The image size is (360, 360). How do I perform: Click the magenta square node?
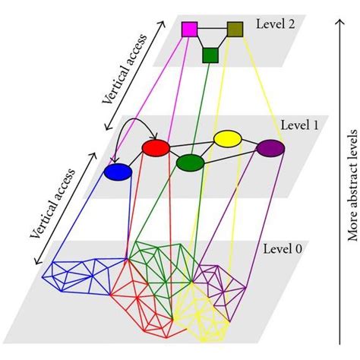click(x=189, y=29)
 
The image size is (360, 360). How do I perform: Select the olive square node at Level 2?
click(x=235, y=29)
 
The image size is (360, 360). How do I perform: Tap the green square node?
click(x=210, y=55)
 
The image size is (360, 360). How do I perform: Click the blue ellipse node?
click(x=118, y=172)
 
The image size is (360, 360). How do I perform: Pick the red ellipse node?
click(x=156, y=147)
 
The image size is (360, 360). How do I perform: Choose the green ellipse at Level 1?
click(x=190, y=163)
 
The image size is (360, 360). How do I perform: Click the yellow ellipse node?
click(x=227, y=138)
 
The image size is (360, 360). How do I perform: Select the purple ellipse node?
click(x=270, y=149)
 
